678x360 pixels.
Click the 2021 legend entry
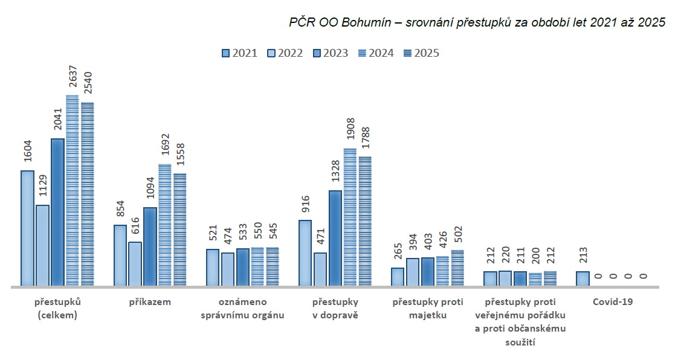tap(239, 53)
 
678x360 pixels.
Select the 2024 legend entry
tap(376, 53)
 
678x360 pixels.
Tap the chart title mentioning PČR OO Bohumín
tap(477, 23)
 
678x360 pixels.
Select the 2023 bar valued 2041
tap(57, 212)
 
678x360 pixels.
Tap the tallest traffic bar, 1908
tap(350, 217)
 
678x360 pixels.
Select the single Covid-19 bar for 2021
tap(582, 278)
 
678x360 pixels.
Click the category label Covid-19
tap(612, 301)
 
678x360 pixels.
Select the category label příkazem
tap(150, 301)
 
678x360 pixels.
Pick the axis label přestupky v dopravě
tap(335, 308)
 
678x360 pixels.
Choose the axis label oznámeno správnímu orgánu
tap(242, 308)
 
